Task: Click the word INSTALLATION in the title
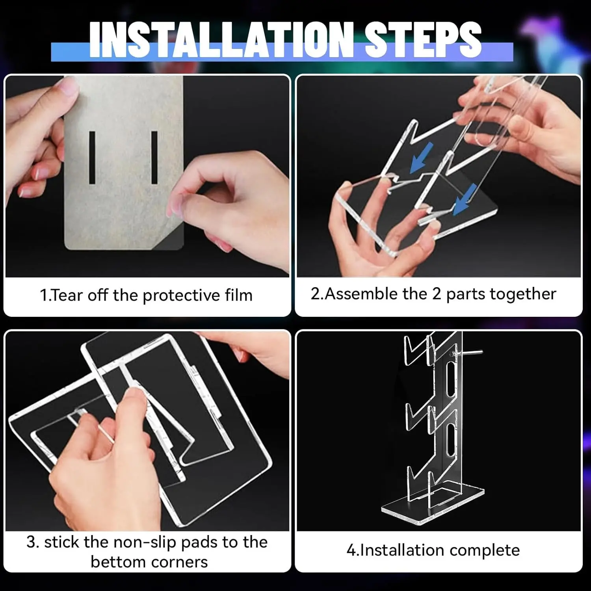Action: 221,39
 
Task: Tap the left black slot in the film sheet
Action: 92,158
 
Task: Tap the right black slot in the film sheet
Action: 154,158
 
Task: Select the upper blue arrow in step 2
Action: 421,158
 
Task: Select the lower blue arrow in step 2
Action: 465,199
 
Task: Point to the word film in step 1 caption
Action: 239,295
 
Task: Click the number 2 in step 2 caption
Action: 436,294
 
